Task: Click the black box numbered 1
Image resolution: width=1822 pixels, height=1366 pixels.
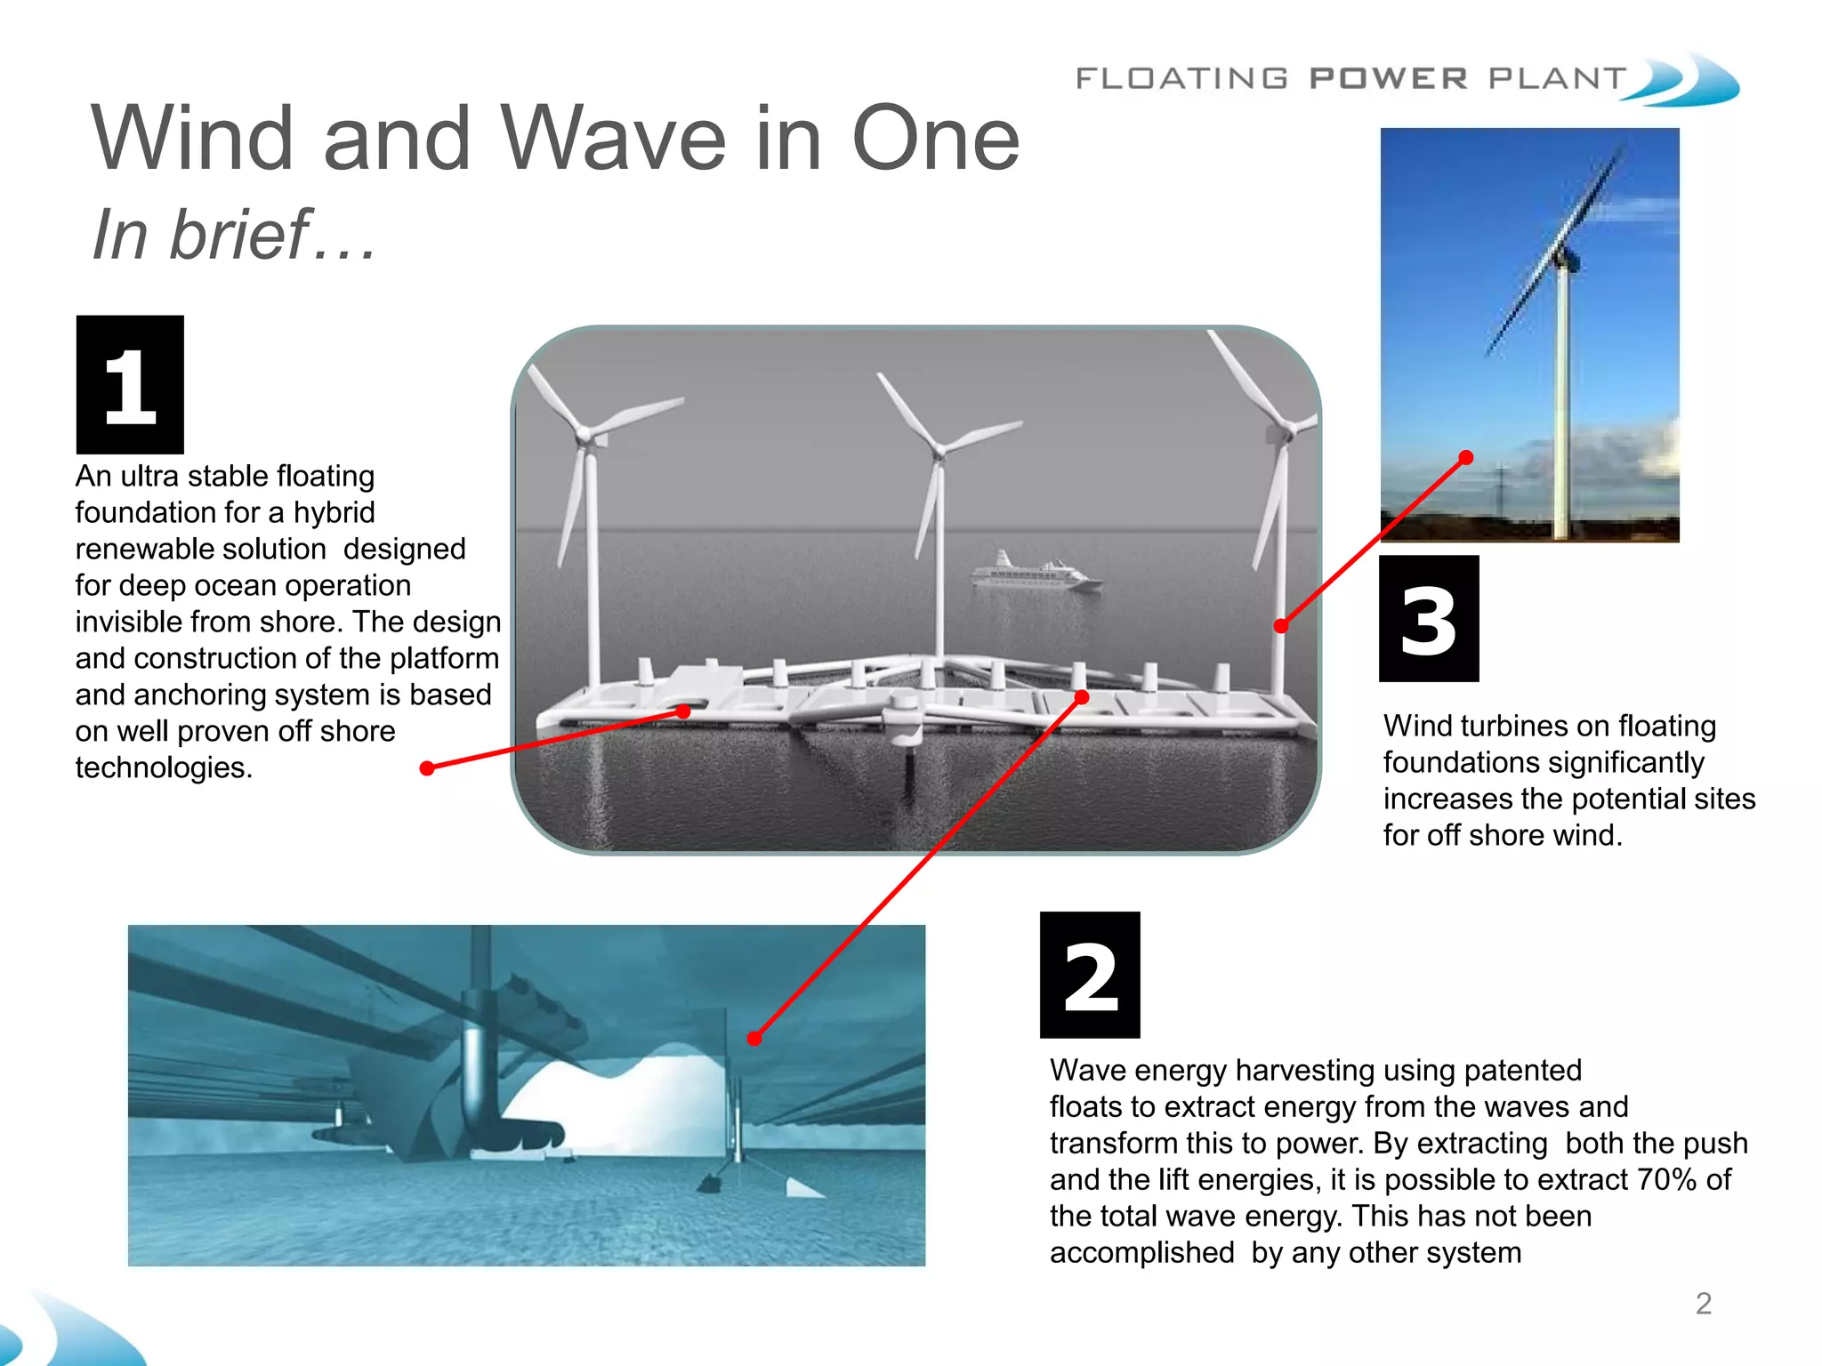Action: click(130, 384)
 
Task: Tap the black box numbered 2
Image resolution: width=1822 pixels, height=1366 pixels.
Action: click(1090, 975)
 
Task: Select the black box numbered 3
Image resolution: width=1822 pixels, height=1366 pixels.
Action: click(1429, 619)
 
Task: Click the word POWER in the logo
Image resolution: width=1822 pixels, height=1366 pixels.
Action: click(1388, 78)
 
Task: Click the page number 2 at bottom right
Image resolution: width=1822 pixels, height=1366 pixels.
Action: click(1703, 1304)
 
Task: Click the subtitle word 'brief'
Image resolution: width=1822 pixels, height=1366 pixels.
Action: click(239, 235)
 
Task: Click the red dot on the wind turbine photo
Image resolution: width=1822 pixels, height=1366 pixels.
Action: click(1466, 458)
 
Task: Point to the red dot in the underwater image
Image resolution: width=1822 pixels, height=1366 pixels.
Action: click(754, 1038)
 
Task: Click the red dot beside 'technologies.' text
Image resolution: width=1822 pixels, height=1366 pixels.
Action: click(427, 768)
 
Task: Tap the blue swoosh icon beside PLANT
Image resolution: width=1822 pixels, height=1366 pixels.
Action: click(1686, 80)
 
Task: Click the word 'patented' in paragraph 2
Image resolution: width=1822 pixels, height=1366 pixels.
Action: click(1522, 1070)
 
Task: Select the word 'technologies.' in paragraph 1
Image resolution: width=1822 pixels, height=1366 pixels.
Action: click(164, 767)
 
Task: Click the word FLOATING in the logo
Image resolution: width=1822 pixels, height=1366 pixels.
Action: click(1181, 78)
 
